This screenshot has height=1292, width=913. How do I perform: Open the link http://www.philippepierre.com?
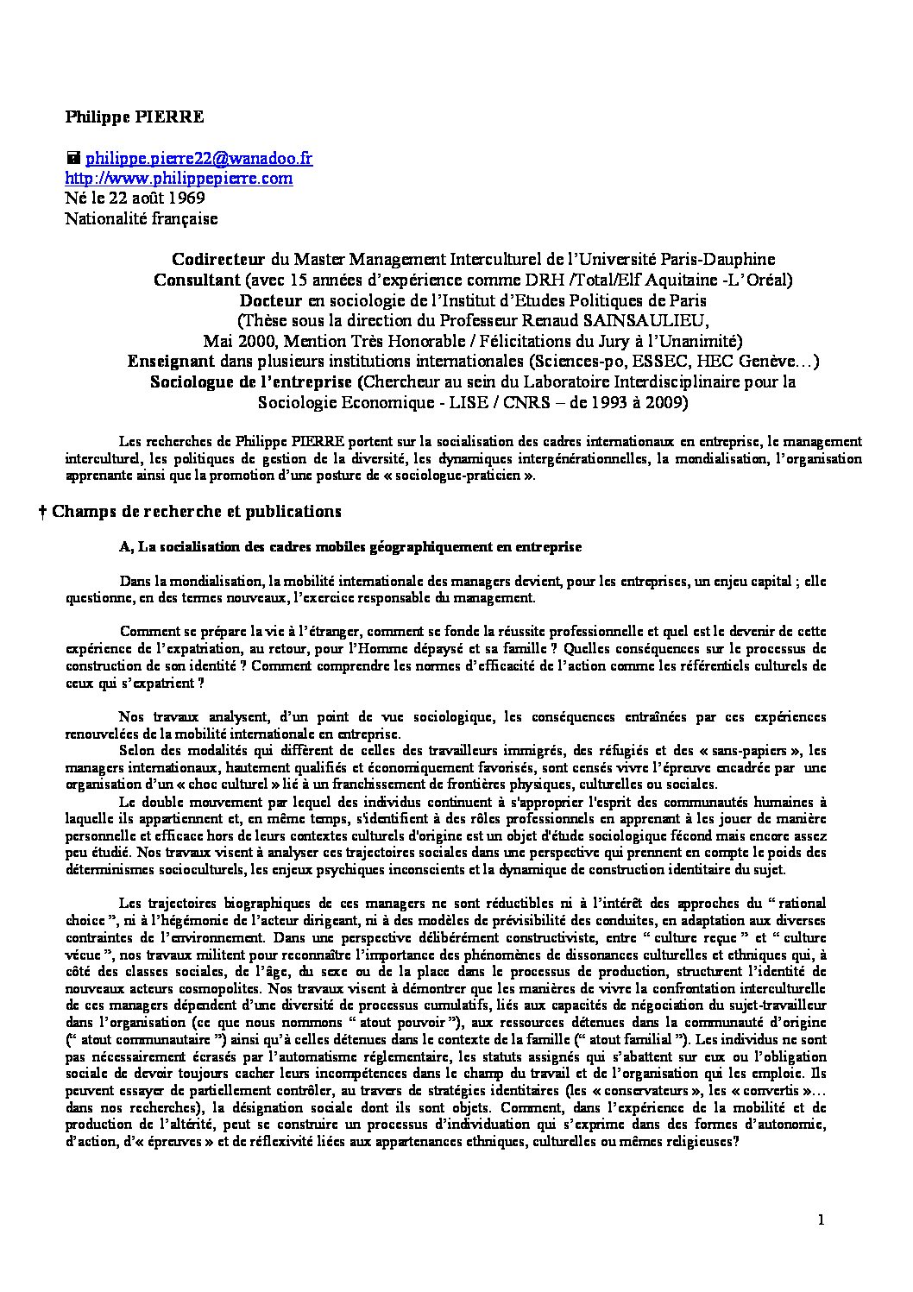coord(179,179)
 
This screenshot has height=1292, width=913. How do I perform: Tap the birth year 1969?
coord(187,199)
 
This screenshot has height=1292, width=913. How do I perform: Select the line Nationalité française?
coord(142,219)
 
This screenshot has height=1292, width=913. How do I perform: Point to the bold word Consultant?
coord(197,280)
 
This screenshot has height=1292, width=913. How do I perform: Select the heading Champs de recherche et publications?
coord(197,511)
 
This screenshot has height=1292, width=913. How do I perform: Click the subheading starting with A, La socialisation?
coord(350,547)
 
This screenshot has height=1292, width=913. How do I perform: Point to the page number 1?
coord(822,1220)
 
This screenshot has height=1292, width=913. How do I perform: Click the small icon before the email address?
coord(73,158)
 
